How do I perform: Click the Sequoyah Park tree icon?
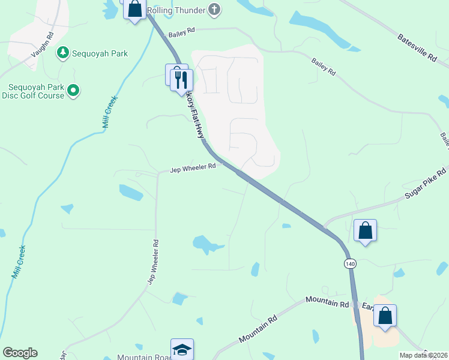point(62,53)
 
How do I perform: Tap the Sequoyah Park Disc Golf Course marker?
point(73,91)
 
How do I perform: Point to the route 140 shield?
point(349,263)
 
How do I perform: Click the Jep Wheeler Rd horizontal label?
point(191,167)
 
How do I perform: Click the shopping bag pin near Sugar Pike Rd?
point(365,230)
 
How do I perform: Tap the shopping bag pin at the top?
point(134,9)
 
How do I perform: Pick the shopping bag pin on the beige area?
point(385,316)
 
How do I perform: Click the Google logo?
point(20,353)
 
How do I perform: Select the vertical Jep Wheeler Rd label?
point(154,262)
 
